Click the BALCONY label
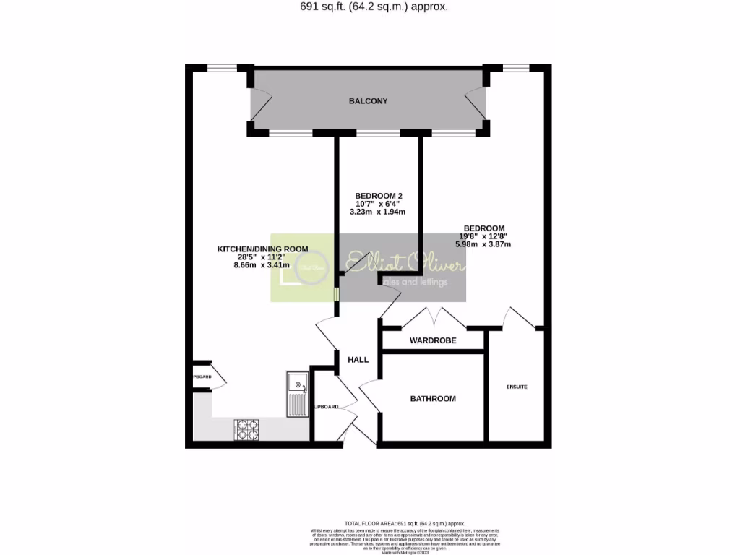coord(368,101)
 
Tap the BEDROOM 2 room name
coord(378,196)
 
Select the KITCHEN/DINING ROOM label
coord(262,249)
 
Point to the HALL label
coord(358,360)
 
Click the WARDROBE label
coord(433,340)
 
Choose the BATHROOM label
coord(433,399)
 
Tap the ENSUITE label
coord(517,387)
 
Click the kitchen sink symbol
coord(297,395)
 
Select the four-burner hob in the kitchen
coord(246,429)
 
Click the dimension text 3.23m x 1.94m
coord(377,212)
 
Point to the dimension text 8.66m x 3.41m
coord(262,265)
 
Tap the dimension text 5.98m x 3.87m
coord(483,244)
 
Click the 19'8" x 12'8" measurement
coord(483,236)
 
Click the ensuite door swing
coord(517,318)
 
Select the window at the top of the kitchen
coord(218,69)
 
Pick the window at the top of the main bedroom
coord(516,69)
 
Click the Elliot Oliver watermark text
coord(405,264)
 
